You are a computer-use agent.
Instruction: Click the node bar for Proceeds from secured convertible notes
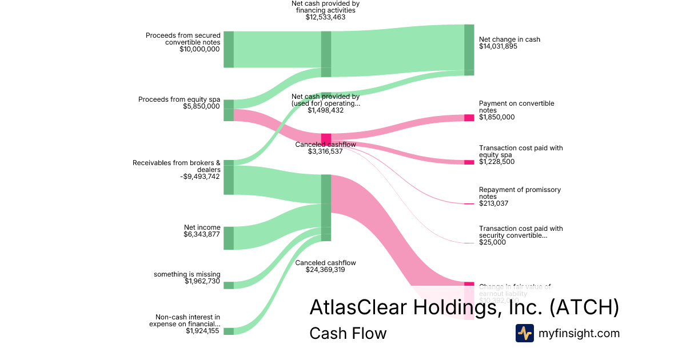click(x=228, y=50)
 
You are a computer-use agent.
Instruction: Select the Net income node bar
click(x=228, y=238)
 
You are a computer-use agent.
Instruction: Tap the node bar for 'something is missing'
click(x=228, y=285)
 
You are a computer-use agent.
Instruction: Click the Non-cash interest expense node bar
click(x=228, y=331)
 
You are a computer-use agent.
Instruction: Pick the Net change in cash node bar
click(x=469, y=50)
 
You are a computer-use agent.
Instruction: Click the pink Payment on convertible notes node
click(x=469, y=118)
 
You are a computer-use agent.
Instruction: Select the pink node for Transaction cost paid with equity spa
click(x=469, y=162)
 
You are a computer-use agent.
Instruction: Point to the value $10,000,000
click(x=199, y=49)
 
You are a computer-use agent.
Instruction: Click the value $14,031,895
click(x=498, y=47)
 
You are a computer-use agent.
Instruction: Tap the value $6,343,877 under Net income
click(x=201, y=234)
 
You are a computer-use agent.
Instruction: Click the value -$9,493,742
click(x=200, y=177)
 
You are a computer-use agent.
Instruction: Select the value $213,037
click(x=493, y=203)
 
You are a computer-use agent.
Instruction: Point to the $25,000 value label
click(x=492, y=242)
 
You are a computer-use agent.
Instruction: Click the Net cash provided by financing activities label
click(x=325, y=7)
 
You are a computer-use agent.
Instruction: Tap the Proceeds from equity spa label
click(x=179, y=99)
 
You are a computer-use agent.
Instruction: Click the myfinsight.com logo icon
click(x=525, y=333)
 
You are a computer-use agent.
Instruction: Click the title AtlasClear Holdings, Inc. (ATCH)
click(x=464, y=307)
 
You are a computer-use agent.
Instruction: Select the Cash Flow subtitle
click(x=348, y=333)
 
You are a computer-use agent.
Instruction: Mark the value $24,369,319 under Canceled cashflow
click(x=325, y=270)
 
